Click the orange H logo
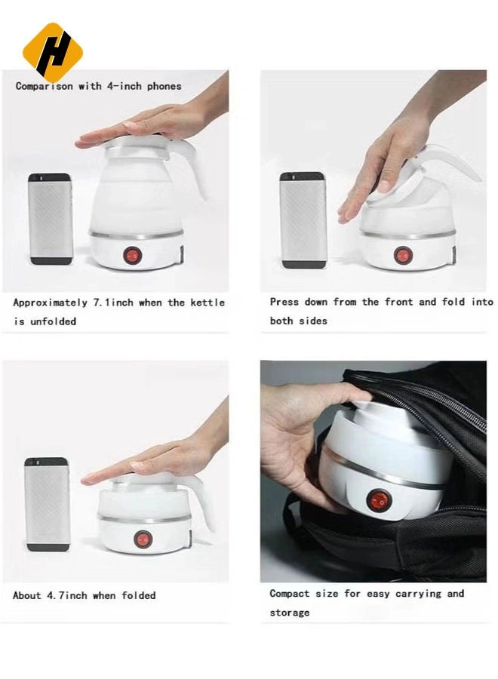click(52, 51)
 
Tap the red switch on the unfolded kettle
click(133, 257)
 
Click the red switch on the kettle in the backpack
click(378, 500)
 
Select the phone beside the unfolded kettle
click(51, 219)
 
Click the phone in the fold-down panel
click(303, 220)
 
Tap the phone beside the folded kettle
click(47, 504)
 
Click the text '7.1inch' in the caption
click(113, 303)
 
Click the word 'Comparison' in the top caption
click(45, 86)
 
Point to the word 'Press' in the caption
click(284, 302)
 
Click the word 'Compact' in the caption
click(290, 594)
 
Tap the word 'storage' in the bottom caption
click(290, 613)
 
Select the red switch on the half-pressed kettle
click(403, 255)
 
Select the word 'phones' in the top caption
click(164, 86)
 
